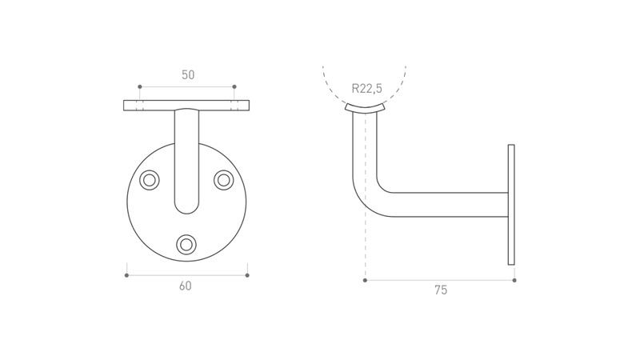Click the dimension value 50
pos(188,75)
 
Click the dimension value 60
pos(186,286)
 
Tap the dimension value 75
pos(441,290)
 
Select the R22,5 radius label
pos(367,88)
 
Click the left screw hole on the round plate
pos(150,180)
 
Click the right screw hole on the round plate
pos(224,180)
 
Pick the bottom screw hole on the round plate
pos(186,245)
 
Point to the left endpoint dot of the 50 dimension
pos(139,87)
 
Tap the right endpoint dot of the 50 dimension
pos(234,87)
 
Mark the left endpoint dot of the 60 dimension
pos(126,275)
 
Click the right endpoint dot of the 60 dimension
pos(247,275)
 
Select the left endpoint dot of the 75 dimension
pos(365,281)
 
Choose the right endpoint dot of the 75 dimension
pos(514,281)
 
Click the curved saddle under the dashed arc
pos(365,108)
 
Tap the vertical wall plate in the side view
pos(511,205)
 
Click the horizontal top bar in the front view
pos(186,106)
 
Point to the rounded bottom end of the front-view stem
pos(186,206)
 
